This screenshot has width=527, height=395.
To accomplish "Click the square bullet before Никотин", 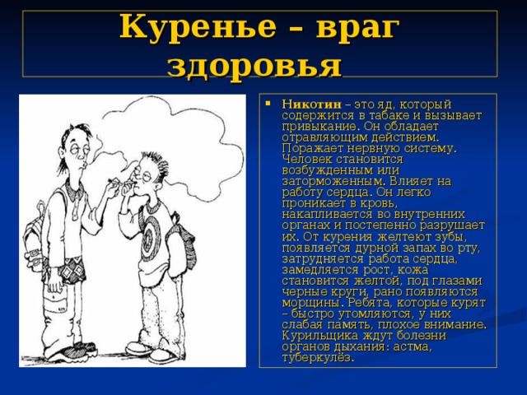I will pyautogui.click(x=263, y=105).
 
